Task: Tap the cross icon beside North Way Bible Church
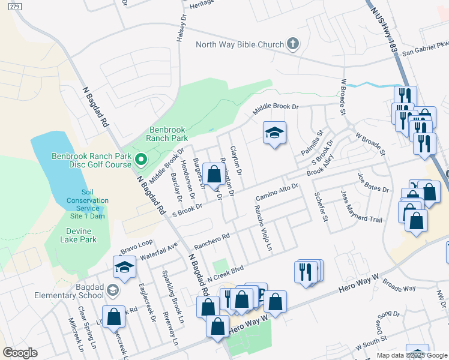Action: click(x=293, y=43)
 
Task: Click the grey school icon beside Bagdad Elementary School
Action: click(x=112, y=291)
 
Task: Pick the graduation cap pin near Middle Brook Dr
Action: click(x=274, y=133)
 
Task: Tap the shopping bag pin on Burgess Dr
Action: click(x=214, y=174)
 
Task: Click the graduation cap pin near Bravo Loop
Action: click(x=125, y=268)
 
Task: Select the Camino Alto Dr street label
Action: click(x=277, y=193)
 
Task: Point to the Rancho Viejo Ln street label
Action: click(x=264, y=229)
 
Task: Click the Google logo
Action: click(x=20, y=353)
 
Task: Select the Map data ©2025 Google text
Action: click(x=411, y=355)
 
